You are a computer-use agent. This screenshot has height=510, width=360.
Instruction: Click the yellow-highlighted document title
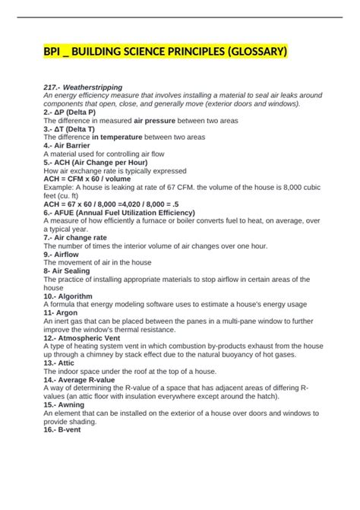pyautogui.click(x=165, y=52)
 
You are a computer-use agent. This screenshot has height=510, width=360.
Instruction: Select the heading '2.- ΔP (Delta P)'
pyautogui.click(x=74, y=112)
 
